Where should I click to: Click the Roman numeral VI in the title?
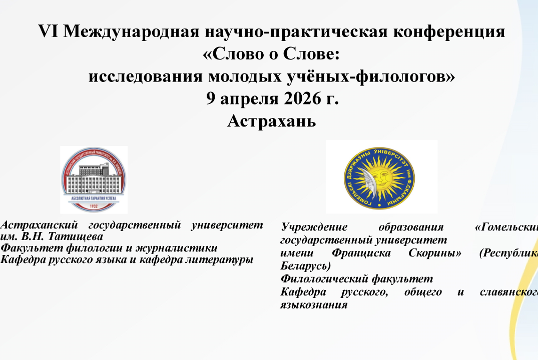(49, 32)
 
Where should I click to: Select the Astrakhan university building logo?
(94, 179)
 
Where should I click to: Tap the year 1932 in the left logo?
(94, 206)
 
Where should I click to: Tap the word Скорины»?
(436, 253)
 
